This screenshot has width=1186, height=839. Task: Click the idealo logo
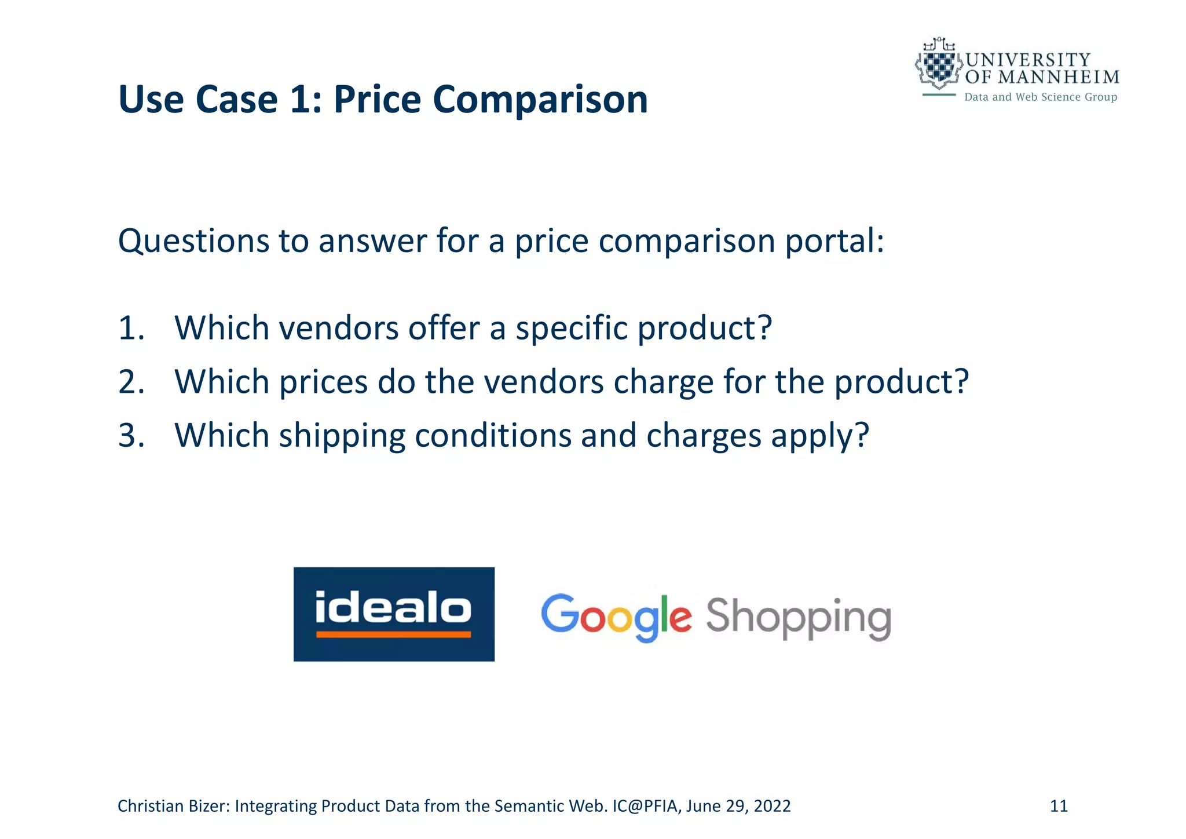(394, 614)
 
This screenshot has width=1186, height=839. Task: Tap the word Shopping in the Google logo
(797, 618)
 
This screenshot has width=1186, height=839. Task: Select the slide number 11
(1059, 806)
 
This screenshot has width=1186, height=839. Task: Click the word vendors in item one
(339, 329)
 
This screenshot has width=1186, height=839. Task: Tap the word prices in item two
(323, 382)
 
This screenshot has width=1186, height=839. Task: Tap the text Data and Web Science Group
(1040, 97)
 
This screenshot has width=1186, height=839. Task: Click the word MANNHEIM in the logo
(1059, 77)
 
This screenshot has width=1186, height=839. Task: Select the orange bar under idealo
(393, 634)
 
